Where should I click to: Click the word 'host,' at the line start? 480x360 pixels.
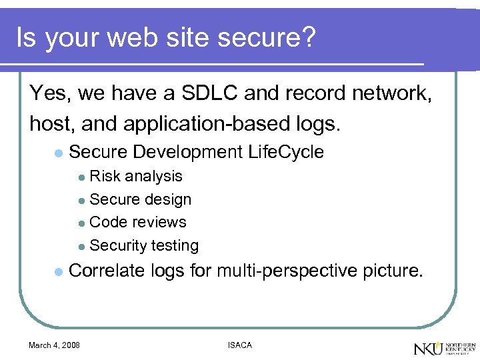point(52,123)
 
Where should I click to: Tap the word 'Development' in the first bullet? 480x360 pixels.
point(187,152)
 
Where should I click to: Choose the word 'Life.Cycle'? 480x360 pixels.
point(285,152)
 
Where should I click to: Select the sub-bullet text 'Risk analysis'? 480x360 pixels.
point(135,176)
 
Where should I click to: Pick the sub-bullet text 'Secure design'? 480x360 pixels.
point(140,199)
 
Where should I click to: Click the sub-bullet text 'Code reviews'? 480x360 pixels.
point(137,222)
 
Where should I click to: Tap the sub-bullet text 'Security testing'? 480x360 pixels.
point(144,245)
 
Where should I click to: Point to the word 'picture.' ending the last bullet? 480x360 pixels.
point(393,271)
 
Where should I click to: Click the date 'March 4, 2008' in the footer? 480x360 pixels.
point(54,345)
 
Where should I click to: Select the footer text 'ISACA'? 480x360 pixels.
point(239,345)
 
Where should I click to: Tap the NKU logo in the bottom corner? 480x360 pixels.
point(444,347)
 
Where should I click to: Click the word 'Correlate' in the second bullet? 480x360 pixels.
point(107,271)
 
